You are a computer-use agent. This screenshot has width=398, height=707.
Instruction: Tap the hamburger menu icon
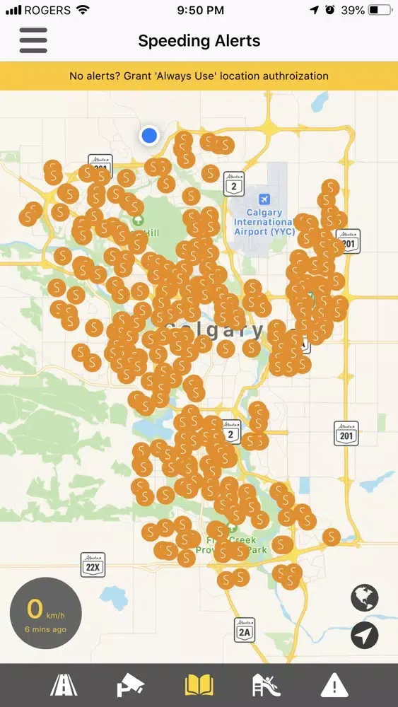[x=33, y=40]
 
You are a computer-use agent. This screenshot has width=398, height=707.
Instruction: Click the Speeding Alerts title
[x=199, y=41]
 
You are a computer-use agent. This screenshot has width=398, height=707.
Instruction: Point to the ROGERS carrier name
[x=47, y=10]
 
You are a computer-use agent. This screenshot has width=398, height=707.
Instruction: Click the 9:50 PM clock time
[x=199, y=10]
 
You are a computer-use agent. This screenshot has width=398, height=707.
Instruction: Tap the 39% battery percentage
[x=351, y=10]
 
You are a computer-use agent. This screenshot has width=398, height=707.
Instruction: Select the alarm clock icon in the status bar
[x=330, y=10]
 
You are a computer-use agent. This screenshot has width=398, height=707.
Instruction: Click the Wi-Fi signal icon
[x=83, y=10]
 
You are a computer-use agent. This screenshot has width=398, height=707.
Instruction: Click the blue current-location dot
[x=149, y=135]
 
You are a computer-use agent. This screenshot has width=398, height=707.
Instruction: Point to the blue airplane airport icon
[x=264, y=199]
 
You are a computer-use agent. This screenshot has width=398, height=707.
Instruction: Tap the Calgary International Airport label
[x=264, y=221]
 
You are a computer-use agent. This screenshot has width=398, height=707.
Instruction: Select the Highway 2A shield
[x=245, y=629]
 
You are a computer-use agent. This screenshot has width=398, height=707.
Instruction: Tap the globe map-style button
[x=365, y=598]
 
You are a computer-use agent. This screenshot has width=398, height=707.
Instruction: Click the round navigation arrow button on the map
[x=365, y=636]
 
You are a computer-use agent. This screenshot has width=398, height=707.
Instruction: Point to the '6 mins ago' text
[x=45, y=629]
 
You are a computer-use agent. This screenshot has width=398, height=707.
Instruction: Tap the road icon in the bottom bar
[x=64, y=686]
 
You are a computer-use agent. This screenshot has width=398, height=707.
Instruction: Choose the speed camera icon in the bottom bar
[x=131, y=686]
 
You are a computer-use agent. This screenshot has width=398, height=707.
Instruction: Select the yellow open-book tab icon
[x=199, y=686]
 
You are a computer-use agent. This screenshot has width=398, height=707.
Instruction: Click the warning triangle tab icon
[x=334, y=686]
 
